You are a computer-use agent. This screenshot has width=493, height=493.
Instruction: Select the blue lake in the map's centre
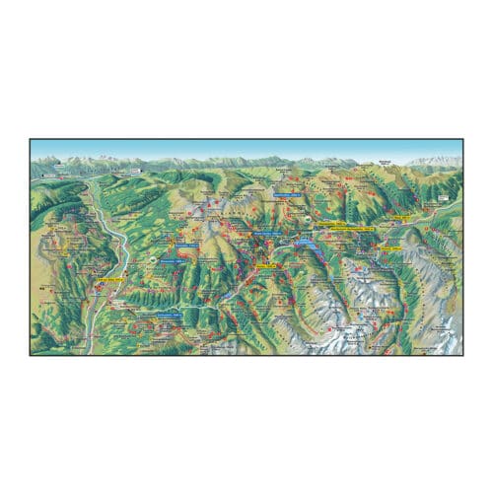(306, 240)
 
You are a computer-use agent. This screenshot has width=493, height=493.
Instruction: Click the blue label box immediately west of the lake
(266, 235)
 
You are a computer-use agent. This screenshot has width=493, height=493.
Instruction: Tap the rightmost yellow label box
(392, 248)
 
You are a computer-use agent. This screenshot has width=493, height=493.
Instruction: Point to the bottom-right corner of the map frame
(463, 354)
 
